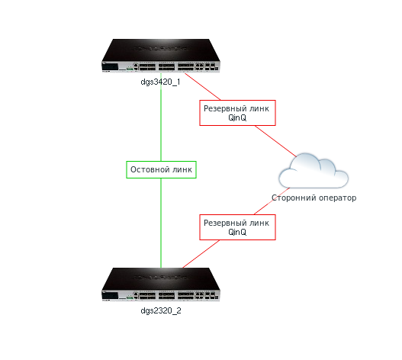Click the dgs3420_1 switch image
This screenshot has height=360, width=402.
(x=161, y=56)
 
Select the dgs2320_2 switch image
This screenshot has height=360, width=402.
(x=161, y=284)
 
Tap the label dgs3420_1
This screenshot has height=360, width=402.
(x=160, y=82)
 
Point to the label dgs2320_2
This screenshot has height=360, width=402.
(x=161, y=310)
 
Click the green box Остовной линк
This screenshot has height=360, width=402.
(x=161, y=169)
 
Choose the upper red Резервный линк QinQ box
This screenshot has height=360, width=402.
(x=237, y=113)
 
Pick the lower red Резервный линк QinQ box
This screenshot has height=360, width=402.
(x=237, y=227)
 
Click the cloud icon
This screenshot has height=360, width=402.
(x=314, y=171)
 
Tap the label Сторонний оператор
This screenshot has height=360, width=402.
(x=314, y=198)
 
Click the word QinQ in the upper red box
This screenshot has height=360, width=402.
(x=237, y=117)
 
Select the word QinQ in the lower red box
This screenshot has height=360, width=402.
(x=237, y=232)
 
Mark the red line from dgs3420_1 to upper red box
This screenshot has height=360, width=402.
(x=203, y=87)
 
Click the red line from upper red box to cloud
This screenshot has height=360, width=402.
(x=276, y=141)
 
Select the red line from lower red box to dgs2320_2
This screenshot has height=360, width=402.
(x=201, y=254)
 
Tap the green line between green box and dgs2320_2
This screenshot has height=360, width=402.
(x=161, y=223)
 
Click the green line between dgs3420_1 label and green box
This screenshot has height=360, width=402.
(x=161, y=124)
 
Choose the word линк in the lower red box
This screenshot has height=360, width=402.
(x=259, y=223)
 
